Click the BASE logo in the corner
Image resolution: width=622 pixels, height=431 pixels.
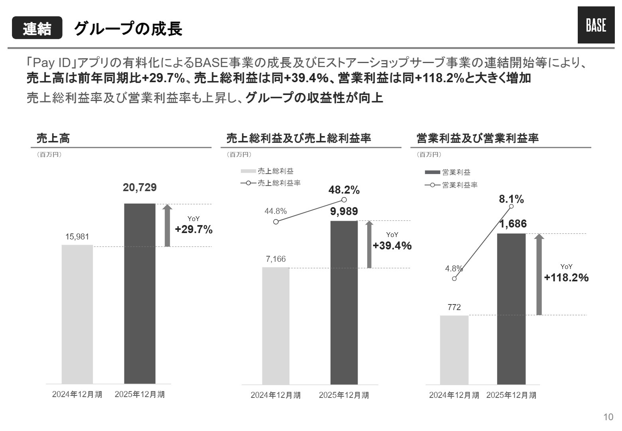pos(596,26)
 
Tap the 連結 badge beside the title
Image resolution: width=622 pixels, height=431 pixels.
pos(37,28)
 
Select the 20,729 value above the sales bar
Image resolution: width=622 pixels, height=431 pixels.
pos(140,188)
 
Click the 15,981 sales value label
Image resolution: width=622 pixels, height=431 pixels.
pos(77,237)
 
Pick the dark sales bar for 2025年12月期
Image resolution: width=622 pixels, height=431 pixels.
pos(140,293)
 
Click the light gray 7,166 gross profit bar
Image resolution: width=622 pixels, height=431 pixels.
pos(276,325)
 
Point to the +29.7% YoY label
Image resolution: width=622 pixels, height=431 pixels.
pos(194,229)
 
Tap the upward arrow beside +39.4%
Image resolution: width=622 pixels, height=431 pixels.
pos(369,244)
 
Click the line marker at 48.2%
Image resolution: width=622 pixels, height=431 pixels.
pos(344,200)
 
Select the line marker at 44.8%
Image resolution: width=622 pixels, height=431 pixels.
pos(276,221)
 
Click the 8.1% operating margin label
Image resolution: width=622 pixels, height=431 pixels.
pos(511,199)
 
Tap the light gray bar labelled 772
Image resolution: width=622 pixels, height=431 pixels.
pos(454,350)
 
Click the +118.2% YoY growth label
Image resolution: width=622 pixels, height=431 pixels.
pos(566,277)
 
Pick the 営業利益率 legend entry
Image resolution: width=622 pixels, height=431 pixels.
pos(451,185)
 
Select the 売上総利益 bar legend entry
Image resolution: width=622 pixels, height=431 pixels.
pos(268,171)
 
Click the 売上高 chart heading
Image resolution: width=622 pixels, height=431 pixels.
pos(53,138)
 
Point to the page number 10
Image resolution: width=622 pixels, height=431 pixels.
pos(608,417)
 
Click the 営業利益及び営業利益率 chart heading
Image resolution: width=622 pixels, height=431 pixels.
pos(477,138)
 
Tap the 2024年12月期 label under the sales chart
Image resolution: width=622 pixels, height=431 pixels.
pos(77,394)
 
